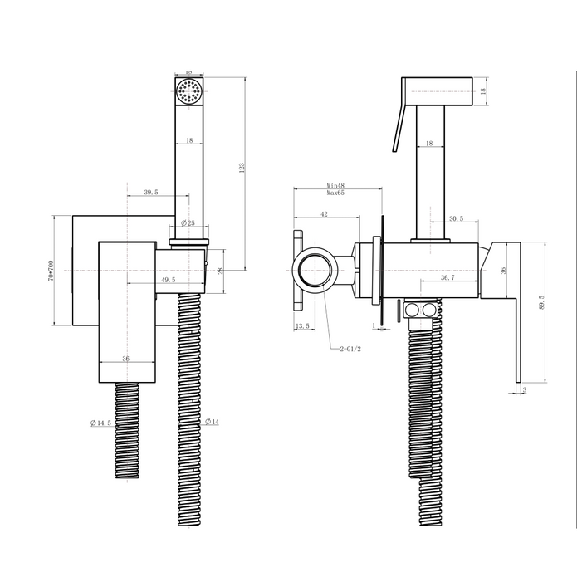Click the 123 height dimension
click(242, 168)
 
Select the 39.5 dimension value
click(150, 193)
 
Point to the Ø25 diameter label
click(188, 223)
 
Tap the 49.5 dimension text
click(169, 281)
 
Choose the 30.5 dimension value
click(455, 218)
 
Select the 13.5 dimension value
click(302, 327)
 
